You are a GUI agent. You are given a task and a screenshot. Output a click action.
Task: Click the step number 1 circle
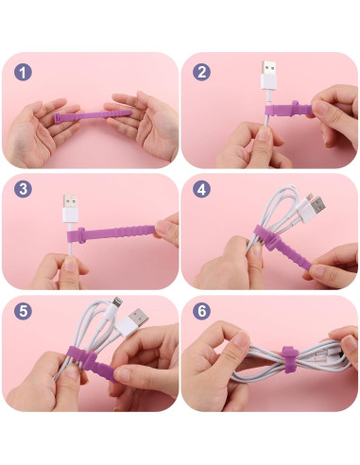tap(23, 72)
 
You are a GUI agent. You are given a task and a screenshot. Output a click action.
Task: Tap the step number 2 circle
tap(201, 72)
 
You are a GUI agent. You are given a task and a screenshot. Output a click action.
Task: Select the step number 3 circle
tap(23, 189)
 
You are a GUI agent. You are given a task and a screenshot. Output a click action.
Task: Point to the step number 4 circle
tap(201, 189)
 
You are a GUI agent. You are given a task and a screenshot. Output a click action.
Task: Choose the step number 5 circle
tap(23, 311)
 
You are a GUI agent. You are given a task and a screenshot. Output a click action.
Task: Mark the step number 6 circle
tap(201, 311)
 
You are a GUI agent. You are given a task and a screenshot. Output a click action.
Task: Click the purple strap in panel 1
tap(94, 115)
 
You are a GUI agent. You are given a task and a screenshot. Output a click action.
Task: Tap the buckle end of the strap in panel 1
tap(58, 118)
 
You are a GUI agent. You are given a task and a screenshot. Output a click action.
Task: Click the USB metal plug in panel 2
tap(268, 68)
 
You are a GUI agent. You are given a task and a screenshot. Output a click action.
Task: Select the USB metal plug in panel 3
tap(70, 201)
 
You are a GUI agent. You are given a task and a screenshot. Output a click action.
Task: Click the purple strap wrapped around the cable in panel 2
tap(289, 109)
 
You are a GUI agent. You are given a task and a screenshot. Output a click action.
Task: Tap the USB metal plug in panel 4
tap(317, 207)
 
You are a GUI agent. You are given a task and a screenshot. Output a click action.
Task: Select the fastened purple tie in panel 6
tap(289, 359)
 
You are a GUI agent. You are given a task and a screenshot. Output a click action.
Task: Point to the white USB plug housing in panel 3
tap(70, 215)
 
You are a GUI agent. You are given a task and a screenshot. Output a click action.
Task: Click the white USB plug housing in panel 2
tap(268, 82)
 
